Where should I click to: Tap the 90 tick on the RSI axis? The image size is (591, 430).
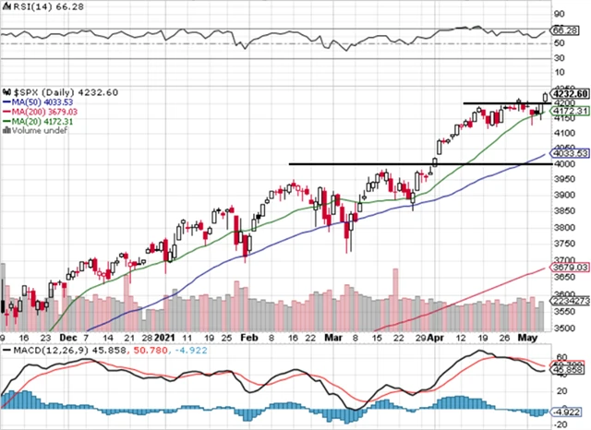coord(559,15)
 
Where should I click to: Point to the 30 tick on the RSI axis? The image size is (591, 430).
coord(559,57)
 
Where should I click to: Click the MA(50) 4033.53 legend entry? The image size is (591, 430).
coord(39,102)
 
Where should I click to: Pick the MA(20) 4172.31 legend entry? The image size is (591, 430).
coord(39,121)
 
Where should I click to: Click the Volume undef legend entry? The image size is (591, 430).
coord(32,130)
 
